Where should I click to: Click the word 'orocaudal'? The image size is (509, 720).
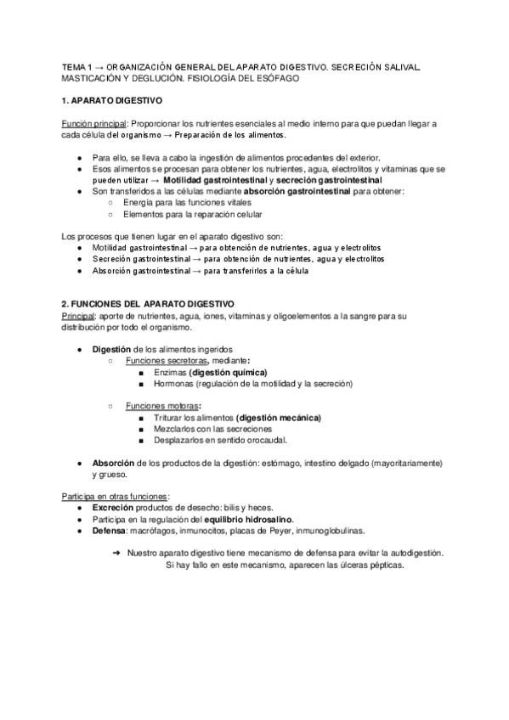(x=266, y=440)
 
